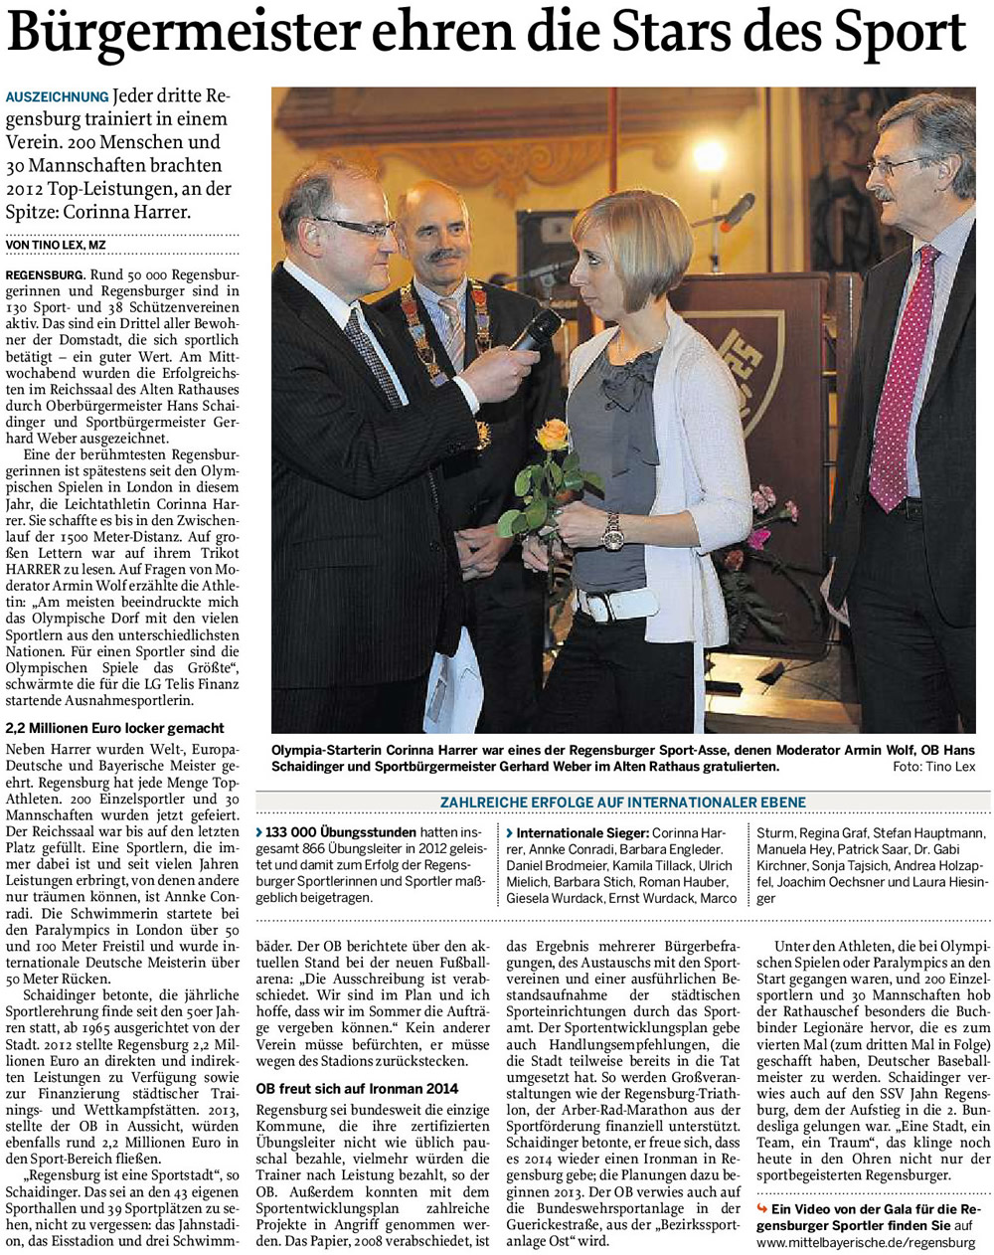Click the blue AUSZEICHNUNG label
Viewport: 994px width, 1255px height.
click(57, 96)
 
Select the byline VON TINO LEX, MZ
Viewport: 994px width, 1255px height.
click(56, 245)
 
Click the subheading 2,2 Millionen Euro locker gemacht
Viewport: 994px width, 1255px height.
click(115, 728)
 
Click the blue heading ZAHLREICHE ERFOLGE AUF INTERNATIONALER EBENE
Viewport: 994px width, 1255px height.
click(623, 802)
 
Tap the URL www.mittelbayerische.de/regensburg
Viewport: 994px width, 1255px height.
click(865, 1242)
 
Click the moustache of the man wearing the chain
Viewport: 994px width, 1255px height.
click(444, 255)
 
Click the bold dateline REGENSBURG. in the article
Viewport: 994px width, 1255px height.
click(44, 273)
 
